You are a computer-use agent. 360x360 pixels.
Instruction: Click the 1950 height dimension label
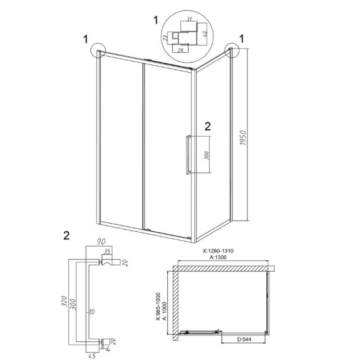pos(243,138)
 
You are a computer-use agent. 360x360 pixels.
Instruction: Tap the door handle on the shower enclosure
pos(188,154)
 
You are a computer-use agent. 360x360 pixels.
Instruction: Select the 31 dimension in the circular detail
pos(189,19)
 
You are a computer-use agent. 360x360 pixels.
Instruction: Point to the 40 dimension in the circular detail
pos(205,34)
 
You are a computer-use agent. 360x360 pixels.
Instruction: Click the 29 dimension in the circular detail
pos(180,50)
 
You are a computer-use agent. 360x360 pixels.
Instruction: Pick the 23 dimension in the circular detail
pos(165,38)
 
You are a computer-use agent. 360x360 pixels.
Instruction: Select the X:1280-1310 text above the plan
pos(218,251)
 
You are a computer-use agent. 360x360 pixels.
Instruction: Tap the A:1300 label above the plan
pos(218,257)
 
